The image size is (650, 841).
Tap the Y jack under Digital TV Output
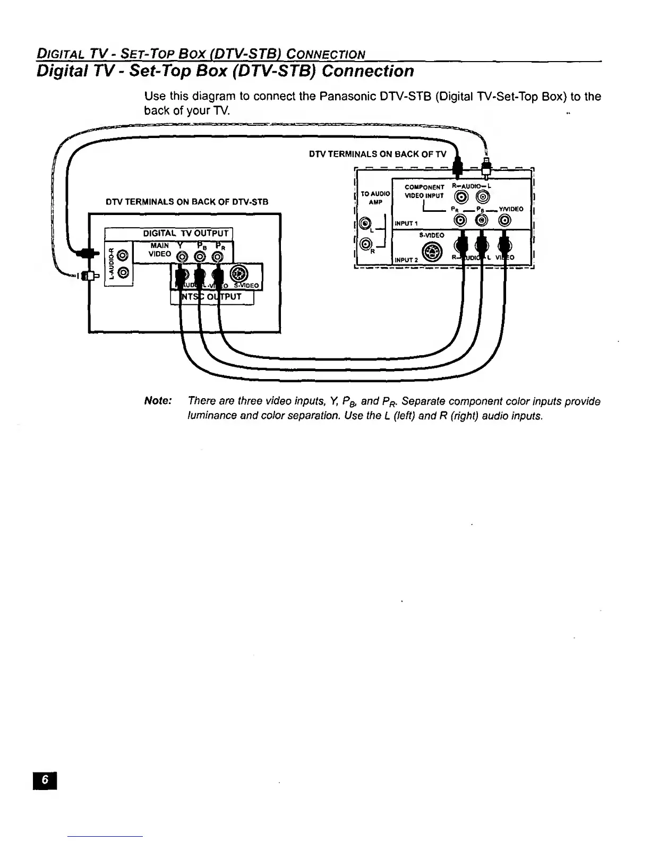click(182, 258)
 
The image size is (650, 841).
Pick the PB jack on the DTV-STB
click(200, 258)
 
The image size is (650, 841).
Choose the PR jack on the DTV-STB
click(217, 258)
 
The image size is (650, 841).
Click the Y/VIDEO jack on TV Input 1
click(505, 220)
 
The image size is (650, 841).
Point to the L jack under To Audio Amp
click(364, 224)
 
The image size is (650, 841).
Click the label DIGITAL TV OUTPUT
click(185, 234)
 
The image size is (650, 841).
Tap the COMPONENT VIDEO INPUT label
click(424, 191)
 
